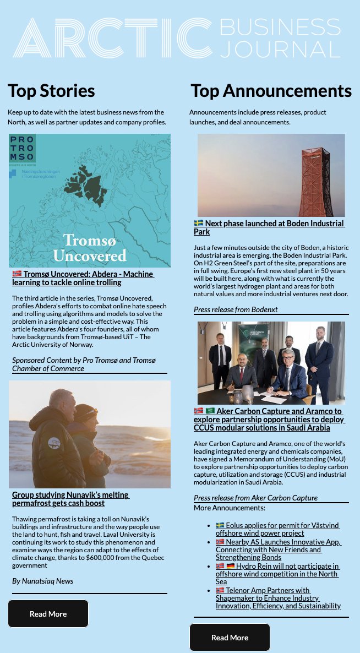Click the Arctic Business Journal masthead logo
click(x=176, y=39)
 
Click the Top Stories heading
click(x=51, y=90)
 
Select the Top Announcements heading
click(x=271, y=90)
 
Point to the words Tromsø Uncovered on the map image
click(x=89, y=248)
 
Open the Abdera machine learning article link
click(x=83, y=278)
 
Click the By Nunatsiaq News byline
click(x=42, y=581)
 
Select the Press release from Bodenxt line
click(x=236, y=309)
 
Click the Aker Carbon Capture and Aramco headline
click(x=269, y=419)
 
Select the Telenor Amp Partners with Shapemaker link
click(x=277, y=598)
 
